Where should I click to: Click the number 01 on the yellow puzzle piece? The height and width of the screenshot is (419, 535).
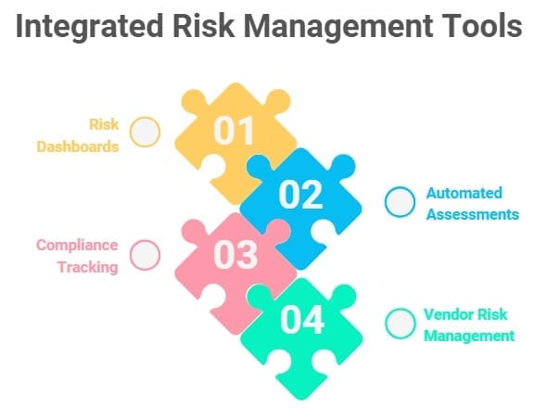tap(235, 132)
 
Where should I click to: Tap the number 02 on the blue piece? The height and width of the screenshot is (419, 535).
tap(301, 195)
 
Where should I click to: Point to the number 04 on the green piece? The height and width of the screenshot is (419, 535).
tap(302, 320)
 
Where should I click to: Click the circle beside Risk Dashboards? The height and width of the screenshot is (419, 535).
tap(145, 133)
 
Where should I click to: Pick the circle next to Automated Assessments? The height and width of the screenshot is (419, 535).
tap(400, 202)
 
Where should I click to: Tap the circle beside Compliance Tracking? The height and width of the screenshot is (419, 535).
tap(145, 255)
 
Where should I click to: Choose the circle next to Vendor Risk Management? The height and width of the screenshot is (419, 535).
tap(400, 324)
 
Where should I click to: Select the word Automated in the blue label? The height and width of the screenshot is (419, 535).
tap(464, 193)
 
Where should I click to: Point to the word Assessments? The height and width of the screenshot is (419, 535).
tap(472, 214)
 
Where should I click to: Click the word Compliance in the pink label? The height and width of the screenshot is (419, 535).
tap(77, 246)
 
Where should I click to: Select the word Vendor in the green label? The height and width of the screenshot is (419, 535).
tap(448, 315)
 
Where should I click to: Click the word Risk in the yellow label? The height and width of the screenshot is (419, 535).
tap(104, 124)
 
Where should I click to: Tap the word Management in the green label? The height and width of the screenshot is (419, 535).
tap(468, 336)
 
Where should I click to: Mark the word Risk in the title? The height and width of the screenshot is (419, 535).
tap(214, 28)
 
